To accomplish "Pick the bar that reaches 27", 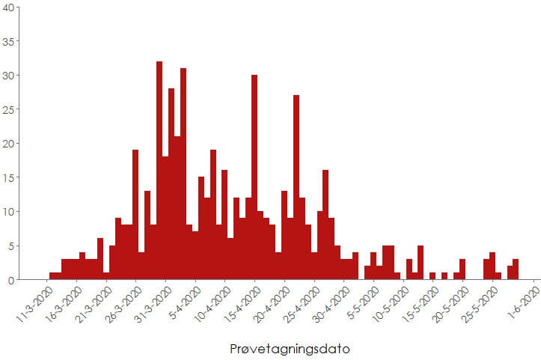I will click(296, 187).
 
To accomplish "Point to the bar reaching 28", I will click(171, 184).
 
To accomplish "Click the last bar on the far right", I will click(516, 270).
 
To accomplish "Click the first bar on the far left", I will click(52, 276).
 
